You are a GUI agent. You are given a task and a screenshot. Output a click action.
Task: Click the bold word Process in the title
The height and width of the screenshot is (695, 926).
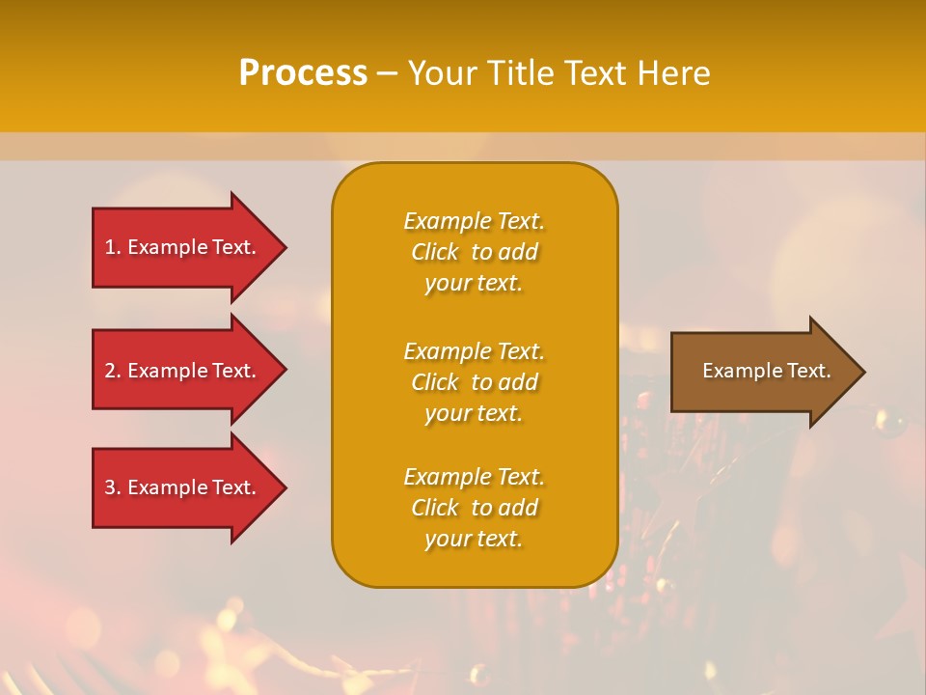[x=303, y=73]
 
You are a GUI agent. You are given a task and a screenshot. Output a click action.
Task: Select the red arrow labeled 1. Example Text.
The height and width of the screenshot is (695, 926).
[x=183, y=247]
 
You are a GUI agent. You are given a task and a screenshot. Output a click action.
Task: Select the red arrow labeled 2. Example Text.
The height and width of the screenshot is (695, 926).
[x=183, y=371]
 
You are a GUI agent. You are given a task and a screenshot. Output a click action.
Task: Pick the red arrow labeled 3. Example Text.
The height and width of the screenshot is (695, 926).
[x=183, y=487]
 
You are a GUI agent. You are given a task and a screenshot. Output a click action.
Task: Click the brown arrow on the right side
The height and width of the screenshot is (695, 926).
[x=762, y=372]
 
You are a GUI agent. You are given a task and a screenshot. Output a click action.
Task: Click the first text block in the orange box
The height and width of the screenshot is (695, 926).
[x=474, y=252]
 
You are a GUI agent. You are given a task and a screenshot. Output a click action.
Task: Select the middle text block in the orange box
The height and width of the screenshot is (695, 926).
[x=474, y=382]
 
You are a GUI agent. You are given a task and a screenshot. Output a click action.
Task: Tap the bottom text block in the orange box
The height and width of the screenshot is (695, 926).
[x=474, y=508]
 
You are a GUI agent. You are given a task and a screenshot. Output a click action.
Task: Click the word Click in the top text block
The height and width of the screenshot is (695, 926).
[x=435, y=252]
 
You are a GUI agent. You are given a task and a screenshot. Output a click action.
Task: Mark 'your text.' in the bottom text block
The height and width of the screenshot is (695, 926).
[x=474, y=539]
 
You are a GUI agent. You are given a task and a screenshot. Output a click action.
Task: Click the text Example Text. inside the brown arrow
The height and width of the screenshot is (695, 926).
[x=766, y=371]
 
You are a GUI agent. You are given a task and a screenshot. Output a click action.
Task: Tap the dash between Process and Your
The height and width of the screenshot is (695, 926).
[x=387, y=74]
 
